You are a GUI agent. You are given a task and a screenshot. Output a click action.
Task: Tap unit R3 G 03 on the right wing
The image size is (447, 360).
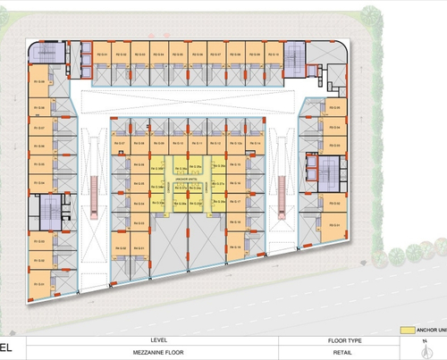click(x=335, y=184)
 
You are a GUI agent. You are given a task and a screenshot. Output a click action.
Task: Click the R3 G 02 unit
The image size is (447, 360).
click(x=335, y=204)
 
